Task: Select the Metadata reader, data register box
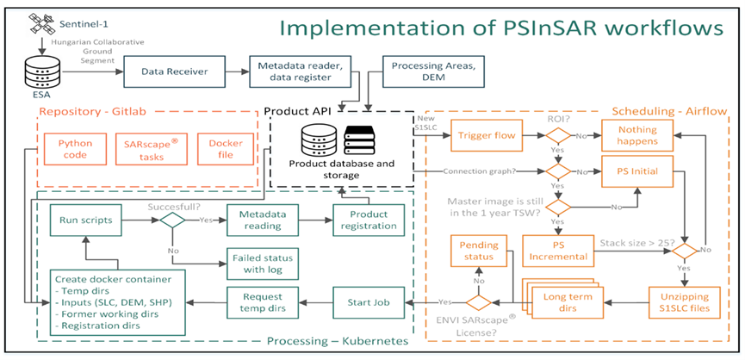(x=296, y=71)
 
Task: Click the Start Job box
(x=369, y=301)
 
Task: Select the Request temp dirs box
(x=257, y=301)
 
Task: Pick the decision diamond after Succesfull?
(x=172, y=220)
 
